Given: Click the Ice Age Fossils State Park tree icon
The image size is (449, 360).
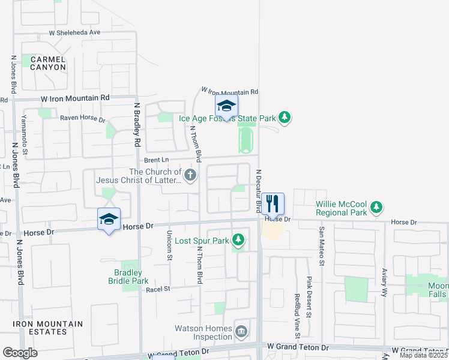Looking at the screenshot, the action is point(285,118).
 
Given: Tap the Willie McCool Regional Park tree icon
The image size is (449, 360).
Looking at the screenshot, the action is point(376,208).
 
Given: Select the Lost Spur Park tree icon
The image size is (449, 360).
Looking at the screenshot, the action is point(238,241).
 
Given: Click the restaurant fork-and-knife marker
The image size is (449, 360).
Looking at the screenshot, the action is point(273,204).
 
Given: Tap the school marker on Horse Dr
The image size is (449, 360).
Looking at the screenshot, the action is point(109,220).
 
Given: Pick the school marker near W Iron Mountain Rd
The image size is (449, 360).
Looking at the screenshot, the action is point(226,107).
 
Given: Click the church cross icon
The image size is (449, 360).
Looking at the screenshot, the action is point(190,176).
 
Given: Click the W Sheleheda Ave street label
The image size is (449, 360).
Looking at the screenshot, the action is point(74,33).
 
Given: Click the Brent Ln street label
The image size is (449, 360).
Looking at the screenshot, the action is point(157,160).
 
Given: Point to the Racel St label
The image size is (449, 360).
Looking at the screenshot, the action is point(158,289).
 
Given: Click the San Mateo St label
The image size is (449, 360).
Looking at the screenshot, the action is point(322,245).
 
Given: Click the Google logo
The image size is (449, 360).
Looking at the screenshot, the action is point(20,353).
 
